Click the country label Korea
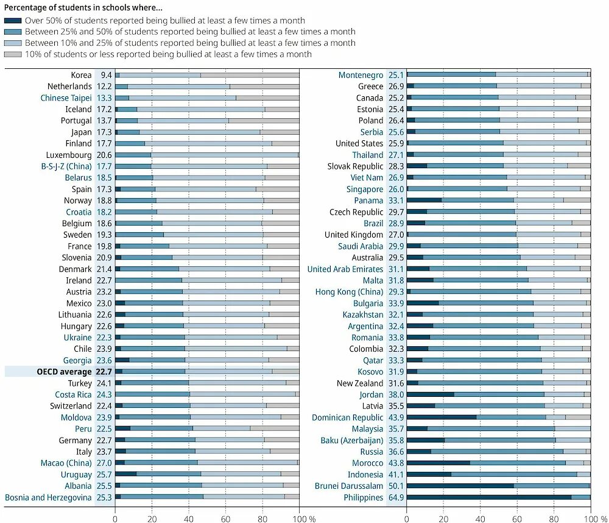coord(81,75)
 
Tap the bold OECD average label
coord(64,372)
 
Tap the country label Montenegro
coord(361,75)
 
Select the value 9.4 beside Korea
coord(106,75)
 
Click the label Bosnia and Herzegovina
coord(48,497)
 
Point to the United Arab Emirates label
coord(345,269)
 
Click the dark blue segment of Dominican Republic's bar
coord(442,418)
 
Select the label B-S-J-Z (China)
coord(66,166)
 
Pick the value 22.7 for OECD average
coord(104,372)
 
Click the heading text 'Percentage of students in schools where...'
coord(83,8)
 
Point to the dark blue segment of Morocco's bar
coord(438,463)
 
